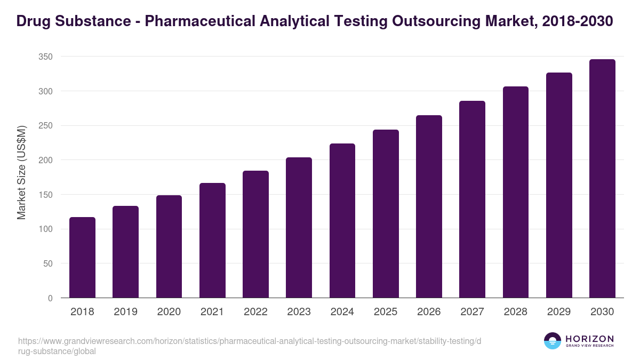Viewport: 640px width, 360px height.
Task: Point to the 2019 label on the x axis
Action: click(125, 312)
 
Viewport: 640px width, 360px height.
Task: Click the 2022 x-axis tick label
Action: click(255, 312)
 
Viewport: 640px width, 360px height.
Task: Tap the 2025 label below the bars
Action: click(385, 312)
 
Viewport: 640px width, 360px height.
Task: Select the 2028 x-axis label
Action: click(515, 312)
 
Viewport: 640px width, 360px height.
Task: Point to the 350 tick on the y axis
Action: click(46, 57)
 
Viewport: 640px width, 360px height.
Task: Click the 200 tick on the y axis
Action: click(46, 161)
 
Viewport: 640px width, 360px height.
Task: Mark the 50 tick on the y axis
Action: click(48, 264)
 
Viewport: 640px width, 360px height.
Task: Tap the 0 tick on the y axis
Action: click(50, 299)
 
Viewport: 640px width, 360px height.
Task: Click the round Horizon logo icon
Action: click(553, 341)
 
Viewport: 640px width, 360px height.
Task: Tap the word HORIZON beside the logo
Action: click(589, 339)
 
